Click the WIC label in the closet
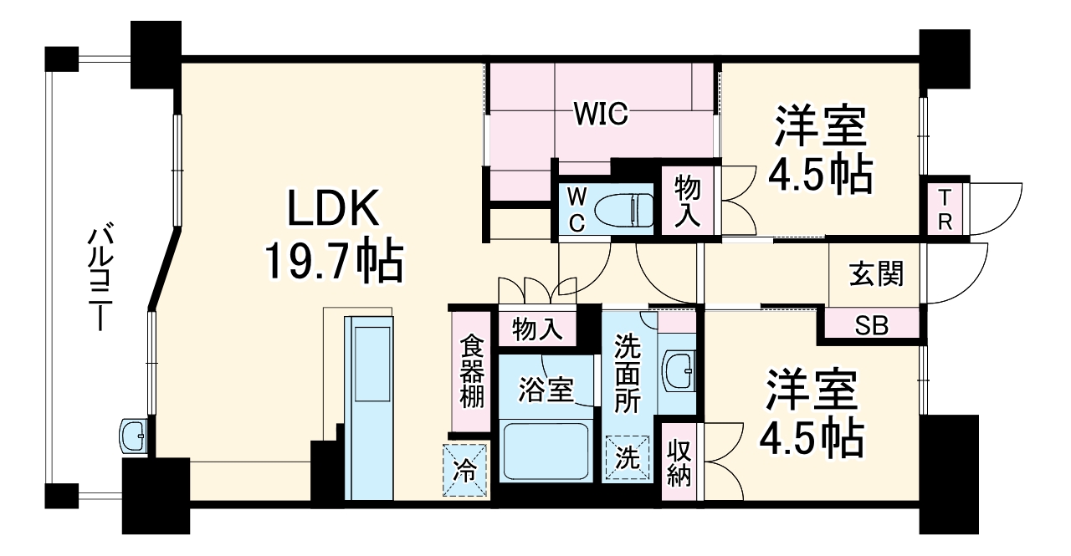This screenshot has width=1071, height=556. coord(600,115)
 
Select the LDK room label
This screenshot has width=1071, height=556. coord(335,210)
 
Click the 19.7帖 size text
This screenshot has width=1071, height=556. coord(335,263)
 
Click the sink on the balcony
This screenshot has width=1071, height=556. coord(133,435)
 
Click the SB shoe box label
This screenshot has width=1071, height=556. coord(871,326)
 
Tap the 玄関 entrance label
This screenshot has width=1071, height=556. coord(876,274)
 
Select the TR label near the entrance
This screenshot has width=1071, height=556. coord(944,208)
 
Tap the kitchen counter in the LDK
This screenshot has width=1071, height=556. coord(369,401)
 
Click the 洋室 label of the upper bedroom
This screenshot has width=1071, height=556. coord(819,127)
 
